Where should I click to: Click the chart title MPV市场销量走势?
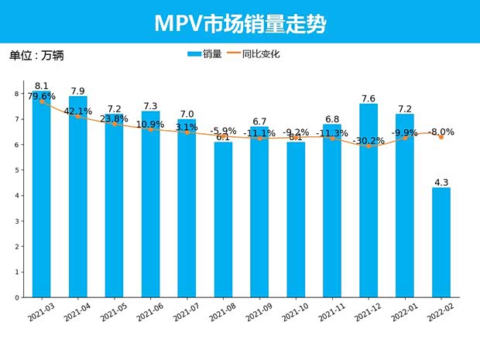click(239, 23)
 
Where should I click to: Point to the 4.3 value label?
click(441, 182)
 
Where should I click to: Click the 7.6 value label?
click(369, 98)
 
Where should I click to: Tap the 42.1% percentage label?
click(77, 111)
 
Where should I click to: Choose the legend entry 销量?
click(205, 54)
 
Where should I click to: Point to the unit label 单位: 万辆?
click(36, 56)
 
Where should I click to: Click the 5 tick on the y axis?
click(16, 170)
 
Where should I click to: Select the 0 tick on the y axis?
click(16, 297)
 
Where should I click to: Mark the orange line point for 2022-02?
click(441, 136)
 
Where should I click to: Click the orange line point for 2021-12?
click(369, 146)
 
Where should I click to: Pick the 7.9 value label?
click(77, 91)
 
